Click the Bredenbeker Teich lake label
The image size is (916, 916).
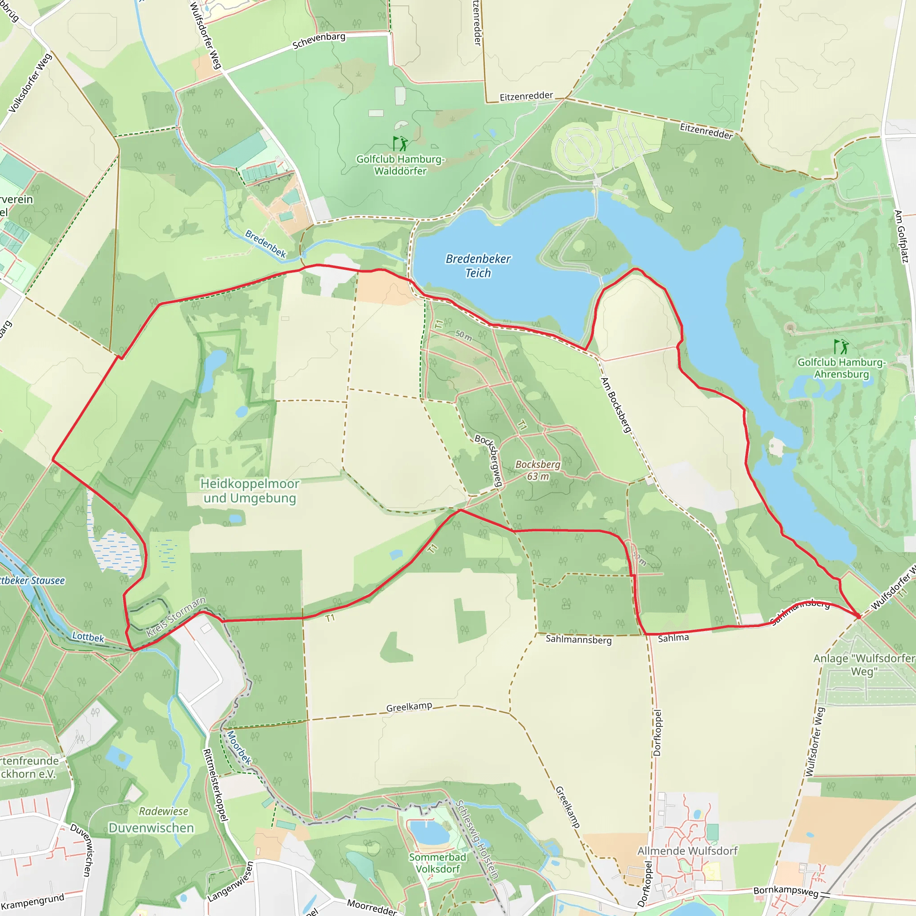click(x=478, y=266)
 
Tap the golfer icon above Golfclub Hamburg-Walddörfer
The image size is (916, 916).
click(x=400, y=143)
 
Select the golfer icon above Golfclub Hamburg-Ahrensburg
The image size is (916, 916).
click(x=841, y=347)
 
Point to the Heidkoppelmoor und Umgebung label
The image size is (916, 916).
click(x=250, y=491)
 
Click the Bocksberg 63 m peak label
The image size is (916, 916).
click(x=538, y=471)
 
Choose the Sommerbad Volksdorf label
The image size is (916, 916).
click(x=437, y=863)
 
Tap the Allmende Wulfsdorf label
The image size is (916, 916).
click(x=687, y=851)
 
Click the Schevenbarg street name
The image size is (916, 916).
click(x=318, y=41)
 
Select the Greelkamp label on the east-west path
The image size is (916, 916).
click(x=409, y=707)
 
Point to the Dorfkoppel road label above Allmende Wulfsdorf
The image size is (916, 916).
click(x=657, y=733)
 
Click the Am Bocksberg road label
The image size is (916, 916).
click(x=616, y=405)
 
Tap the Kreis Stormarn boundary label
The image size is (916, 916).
click(x=176, y=617)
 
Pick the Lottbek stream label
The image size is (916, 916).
click(x=88, y=637)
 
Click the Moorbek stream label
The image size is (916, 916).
click(x=239, y=747)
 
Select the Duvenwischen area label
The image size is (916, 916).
click(x=151, y=828)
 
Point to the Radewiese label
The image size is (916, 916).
click(x=164, y=811)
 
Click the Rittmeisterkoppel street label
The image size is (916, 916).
click(x=216, y=785)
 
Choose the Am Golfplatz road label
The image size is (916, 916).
click(x=901, y=236)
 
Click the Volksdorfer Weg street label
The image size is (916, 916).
click(x=30, y=84)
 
